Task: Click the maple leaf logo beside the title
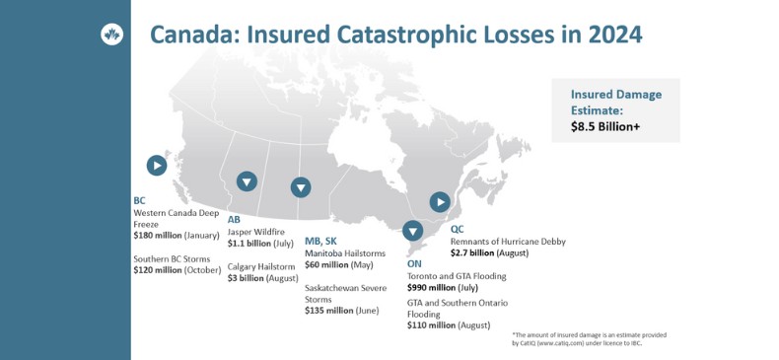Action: point(111,35)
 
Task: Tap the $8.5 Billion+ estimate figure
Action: point(605,127)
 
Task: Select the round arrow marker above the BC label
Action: point(157,165)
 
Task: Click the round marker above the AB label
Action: point(247,181)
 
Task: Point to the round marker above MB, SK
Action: point(301,187)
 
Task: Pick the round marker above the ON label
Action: point(412,231)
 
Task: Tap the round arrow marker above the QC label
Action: point(440,202)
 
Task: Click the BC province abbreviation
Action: point(139,201)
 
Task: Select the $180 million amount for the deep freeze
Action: point(158,236)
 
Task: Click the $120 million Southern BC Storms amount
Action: point(158,270)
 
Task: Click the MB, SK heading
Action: point(320,242)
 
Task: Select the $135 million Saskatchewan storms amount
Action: point(329,311)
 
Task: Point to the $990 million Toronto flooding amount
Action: point(431,287)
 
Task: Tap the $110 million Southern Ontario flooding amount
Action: point(431,325)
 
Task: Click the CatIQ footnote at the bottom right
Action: point(589,339)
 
